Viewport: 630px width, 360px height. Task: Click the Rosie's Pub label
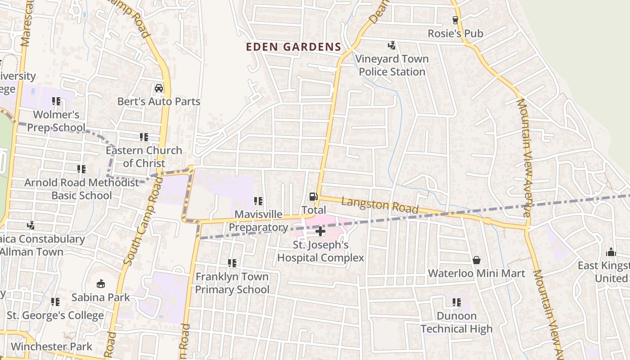tap(455, 34)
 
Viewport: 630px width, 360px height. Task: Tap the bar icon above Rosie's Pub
tap(455, 20)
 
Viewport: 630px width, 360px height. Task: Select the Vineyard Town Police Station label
tap(392, 65)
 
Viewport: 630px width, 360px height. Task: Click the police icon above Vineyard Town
tap(392, 45)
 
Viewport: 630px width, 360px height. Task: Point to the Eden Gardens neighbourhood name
tap(293, 47)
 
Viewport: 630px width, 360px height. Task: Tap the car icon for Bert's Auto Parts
tap(159, 88)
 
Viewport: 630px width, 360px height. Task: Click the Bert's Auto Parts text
tap(159, 102)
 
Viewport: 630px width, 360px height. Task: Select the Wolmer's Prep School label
tap(56, 121)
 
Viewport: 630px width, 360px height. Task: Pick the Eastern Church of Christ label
tap(144, 157)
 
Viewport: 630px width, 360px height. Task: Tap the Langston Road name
tap(379, 207)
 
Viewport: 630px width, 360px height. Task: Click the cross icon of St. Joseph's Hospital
tap(320, 232)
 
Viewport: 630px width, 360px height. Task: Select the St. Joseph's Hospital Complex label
tap(320, 252)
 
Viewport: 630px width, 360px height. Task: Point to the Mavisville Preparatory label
tap(258, 221)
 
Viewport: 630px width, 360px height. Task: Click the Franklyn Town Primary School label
tap(232, 283)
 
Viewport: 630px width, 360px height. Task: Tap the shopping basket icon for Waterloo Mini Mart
tap(477, 260)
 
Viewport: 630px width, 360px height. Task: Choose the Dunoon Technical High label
tap(457, 323)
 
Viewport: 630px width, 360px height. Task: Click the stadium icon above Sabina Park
tap(101, 284)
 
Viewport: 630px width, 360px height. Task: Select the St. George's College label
tap(55, 315)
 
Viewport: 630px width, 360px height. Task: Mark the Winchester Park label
tap(51, 346)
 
